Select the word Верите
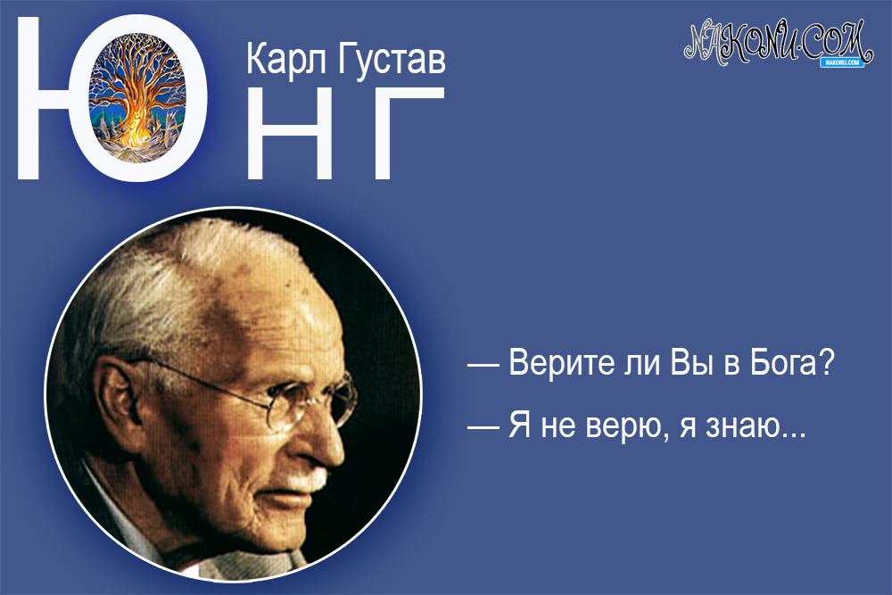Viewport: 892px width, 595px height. click(557, 365)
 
